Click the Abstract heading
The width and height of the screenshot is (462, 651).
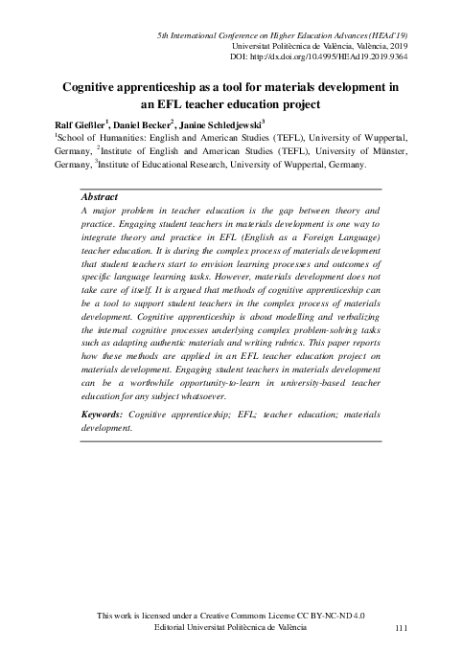[x=103, y=196]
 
